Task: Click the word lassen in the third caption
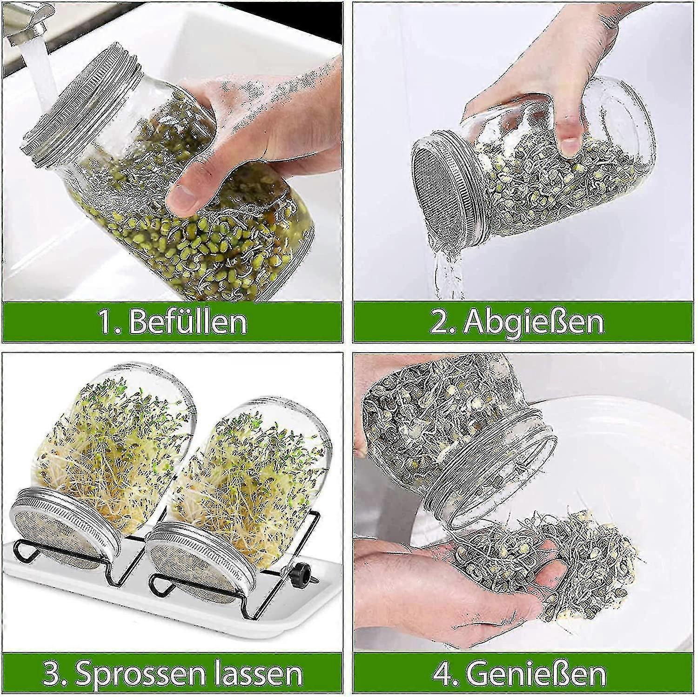point(254,672)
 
